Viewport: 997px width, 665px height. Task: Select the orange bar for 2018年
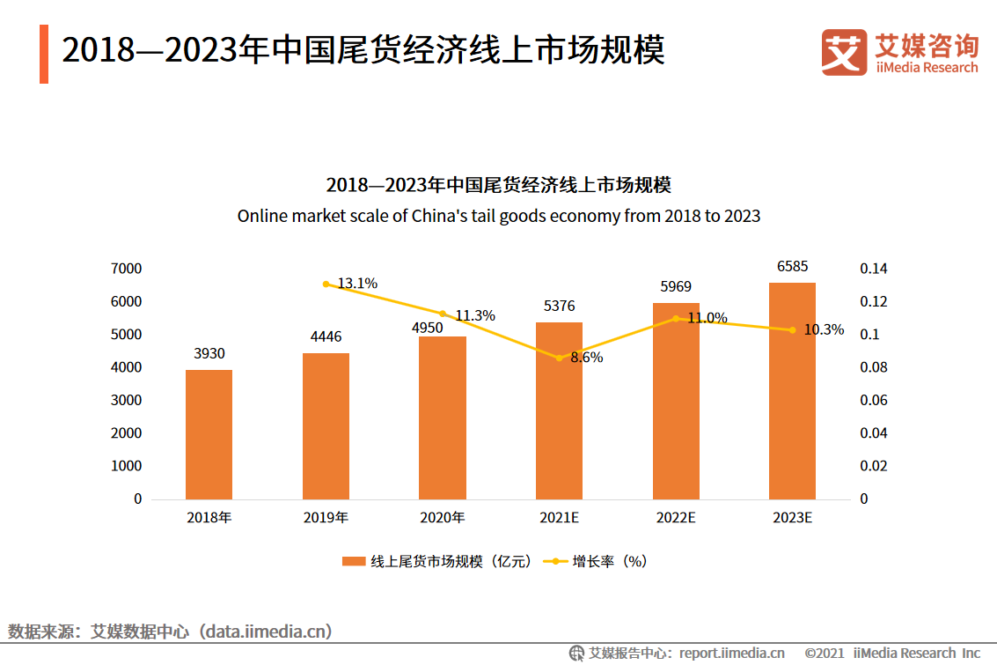209,434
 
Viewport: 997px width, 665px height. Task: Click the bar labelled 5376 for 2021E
559,410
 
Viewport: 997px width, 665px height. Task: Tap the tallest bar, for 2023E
792,390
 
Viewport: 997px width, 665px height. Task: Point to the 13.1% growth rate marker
326,284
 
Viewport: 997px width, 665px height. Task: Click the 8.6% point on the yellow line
559,358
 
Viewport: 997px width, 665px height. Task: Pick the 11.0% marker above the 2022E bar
676,318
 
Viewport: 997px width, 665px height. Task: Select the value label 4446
326,336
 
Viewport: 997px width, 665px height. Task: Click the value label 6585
792,266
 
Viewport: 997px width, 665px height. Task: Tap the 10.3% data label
825,330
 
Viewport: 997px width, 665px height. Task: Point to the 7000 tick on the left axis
126,268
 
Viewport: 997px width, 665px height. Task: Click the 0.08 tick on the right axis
874,367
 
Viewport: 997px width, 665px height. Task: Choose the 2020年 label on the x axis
442,518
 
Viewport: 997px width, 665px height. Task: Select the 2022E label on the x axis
676,518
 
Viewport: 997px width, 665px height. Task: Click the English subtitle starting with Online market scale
498,216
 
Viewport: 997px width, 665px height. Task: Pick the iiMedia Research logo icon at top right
844,51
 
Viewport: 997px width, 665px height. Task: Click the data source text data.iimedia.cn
269,632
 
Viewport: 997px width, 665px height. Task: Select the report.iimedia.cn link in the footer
731,653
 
